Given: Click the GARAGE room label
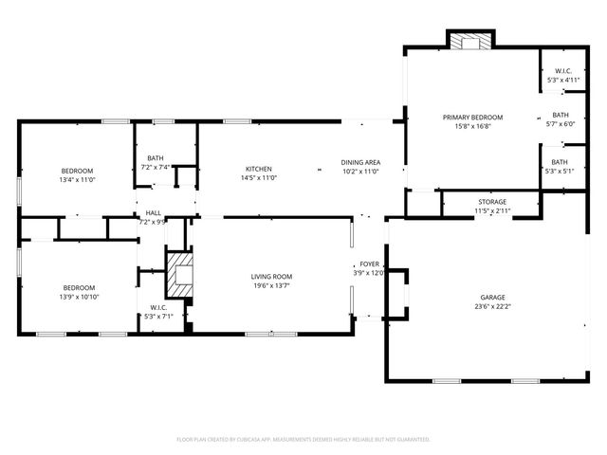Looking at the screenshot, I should point(492,297).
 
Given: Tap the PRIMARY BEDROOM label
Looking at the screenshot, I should point(472,117).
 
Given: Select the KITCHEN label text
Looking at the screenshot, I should point(258,169).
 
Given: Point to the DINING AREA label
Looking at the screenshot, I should point(360,163).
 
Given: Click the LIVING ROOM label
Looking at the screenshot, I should point(270,276).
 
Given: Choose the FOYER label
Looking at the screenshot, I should point(369,264).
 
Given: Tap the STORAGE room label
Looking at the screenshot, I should point(491,201).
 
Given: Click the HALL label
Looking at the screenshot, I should point(153,213).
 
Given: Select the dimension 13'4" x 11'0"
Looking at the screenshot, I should point(78,179).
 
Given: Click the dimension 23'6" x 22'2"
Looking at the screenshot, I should point(492,306).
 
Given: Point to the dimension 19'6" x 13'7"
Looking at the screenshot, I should point(270,285).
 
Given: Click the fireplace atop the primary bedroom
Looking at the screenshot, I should point(471,42).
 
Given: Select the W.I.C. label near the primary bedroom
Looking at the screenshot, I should point(562,71).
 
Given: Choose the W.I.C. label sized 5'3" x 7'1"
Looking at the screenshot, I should point(158,307).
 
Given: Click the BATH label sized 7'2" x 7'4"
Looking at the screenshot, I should point(155,158).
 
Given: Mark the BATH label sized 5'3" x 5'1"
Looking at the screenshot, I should point(561,162).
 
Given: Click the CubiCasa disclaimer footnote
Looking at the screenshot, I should point(303,439).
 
